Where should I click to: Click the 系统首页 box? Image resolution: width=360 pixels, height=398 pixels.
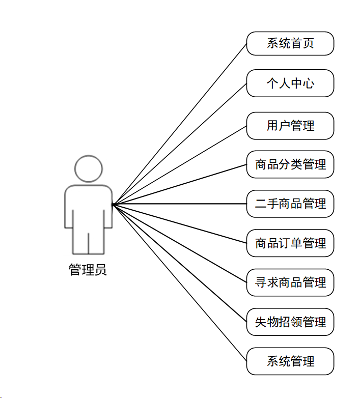pos(290,43)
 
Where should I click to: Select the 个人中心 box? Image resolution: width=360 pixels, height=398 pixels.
pos(290,83)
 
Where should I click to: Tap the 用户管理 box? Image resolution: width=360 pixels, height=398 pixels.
pos(290,125)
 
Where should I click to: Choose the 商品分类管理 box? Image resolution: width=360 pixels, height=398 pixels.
pos(290,164)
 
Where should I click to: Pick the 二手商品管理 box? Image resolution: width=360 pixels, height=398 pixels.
pos(290,204)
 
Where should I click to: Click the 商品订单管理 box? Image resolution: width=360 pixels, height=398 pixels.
pos(290,243)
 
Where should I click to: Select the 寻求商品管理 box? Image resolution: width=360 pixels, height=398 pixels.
pos(290,282)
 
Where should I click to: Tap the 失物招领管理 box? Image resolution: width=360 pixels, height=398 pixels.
pos(290,322)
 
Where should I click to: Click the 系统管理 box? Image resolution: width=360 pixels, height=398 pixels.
pos(290,361)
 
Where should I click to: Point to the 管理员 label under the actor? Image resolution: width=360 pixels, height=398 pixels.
pos(88,269)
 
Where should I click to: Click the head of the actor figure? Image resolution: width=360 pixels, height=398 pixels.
pos(88,168)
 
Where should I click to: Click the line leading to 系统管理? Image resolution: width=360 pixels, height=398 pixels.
pos(179,282)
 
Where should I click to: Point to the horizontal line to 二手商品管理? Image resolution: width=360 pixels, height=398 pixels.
pos(179,204)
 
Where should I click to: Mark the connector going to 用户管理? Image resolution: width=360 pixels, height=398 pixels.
pos(179,165)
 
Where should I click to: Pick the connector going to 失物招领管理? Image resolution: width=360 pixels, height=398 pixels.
pos(179,263)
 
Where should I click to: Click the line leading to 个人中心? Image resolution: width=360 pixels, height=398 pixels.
pos(179,144)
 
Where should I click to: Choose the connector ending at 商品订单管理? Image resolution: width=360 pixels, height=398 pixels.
pos(179,223)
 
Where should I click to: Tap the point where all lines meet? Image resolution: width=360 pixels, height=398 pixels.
pos(113,204)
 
